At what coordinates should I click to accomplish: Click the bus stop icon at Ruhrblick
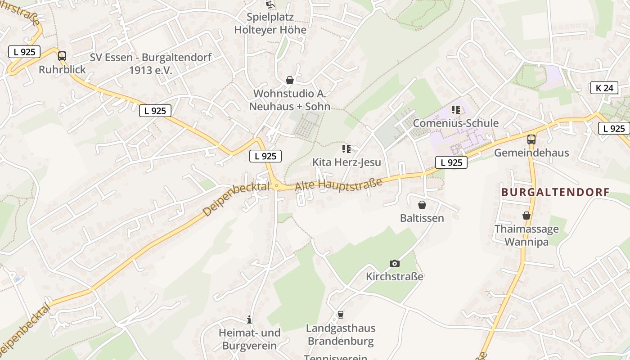[62, 56]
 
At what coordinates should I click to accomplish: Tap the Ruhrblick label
[62, 70]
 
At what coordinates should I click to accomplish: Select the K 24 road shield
[604, 88]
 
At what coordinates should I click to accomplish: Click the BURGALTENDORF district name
[555, 193]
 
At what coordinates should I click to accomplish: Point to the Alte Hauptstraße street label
[338, 184]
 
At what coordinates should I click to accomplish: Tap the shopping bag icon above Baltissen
[422, 205]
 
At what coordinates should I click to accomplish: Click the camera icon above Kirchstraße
[394, 263]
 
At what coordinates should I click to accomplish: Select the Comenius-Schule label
[455, 123]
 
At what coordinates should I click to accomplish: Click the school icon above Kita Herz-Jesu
[346, 149]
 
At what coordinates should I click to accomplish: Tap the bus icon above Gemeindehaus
[531, 139]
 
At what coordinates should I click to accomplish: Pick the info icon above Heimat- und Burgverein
[249, 319]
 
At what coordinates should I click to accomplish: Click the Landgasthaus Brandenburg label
[340, 335]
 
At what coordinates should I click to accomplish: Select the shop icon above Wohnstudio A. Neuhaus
[290, 80]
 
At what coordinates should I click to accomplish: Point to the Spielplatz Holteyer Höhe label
[270, 24]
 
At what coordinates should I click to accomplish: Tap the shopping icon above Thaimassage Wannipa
[526, 216]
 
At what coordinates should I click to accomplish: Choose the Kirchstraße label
[394, 276]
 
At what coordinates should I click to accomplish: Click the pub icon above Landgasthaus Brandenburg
[341, 315]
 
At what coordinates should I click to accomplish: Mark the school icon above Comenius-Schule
[456, 110]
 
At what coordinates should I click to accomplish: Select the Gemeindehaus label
[531, 153]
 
